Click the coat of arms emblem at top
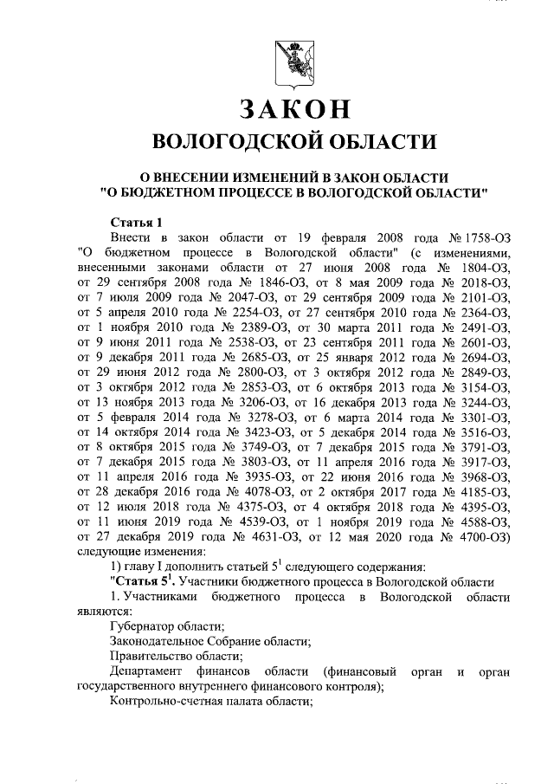277,62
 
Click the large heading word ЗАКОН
287,109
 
